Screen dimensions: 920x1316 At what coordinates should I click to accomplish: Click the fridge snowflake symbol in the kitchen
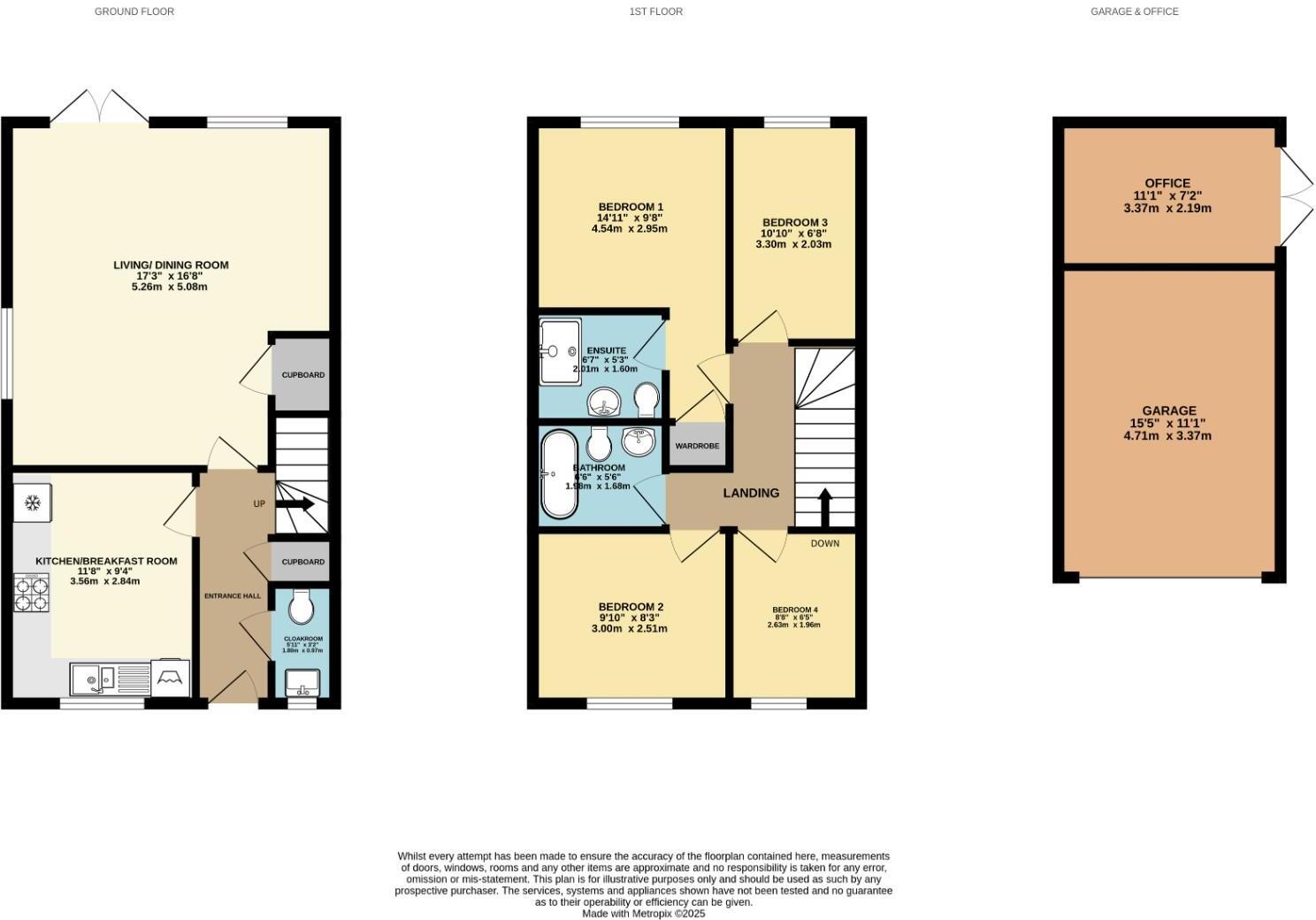point(33,503)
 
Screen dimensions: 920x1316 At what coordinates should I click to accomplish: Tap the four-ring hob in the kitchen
point(33,593)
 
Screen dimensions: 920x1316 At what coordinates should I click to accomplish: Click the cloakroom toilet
point(301,608)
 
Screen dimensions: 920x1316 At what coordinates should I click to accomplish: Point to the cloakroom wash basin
point(302,682)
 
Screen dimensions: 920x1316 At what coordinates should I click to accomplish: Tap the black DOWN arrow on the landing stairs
point(824,507)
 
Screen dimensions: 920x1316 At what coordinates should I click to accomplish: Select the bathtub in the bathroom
point(560,474)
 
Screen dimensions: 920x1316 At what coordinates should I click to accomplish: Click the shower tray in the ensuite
point(560,351)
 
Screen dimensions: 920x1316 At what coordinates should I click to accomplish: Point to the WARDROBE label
point(697,446)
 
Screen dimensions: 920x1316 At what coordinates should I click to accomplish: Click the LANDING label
point(752,493)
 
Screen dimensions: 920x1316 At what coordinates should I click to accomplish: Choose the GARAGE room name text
point(1168,410)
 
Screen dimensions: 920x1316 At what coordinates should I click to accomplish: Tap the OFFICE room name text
point(1167,183)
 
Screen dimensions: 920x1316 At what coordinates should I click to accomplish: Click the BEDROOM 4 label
point(794,609)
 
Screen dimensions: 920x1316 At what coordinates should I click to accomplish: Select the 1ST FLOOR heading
point(655,11)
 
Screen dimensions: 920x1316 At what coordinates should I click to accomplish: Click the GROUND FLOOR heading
point(134,11)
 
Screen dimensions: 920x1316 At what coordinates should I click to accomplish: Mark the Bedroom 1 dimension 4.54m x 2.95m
point(629,228)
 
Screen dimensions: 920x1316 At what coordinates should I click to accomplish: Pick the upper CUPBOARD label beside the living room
point(302,375)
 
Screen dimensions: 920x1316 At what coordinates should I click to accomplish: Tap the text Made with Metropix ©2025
point(643,914)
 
